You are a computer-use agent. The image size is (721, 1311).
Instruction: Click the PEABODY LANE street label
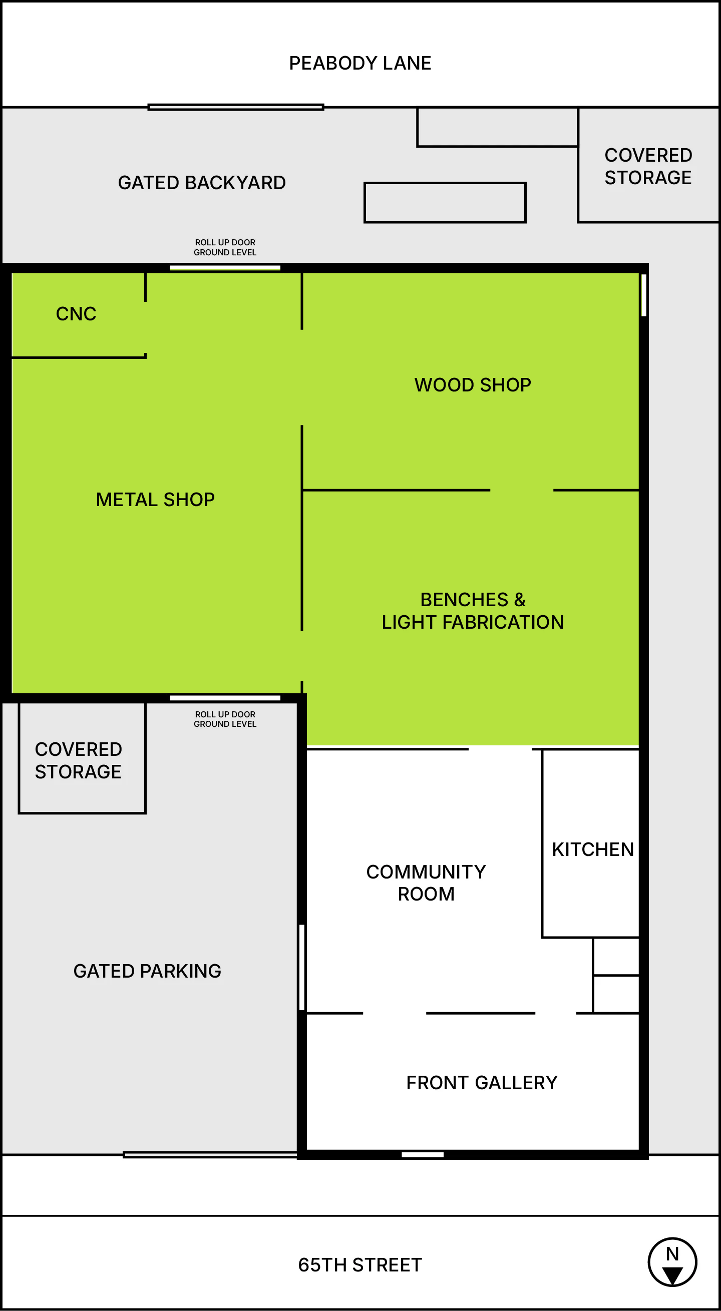click(360, 63)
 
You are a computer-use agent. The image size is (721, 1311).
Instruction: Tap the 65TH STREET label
click(360, 1264)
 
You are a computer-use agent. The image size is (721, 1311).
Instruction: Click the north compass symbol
click(672, 1262)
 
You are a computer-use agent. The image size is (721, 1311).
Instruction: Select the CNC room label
click(76, 314)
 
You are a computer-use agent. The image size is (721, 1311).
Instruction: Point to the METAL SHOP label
click(155, 500)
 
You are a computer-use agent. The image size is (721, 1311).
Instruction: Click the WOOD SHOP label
click(473, 385)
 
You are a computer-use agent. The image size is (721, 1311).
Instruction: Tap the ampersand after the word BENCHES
click(519, 600)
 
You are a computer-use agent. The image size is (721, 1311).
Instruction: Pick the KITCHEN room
click(591, 843)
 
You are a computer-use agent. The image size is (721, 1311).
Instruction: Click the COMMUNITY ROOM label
click(426, 883)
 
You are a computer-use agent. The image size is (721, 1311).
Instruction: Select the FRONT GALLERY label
click(482, 1083)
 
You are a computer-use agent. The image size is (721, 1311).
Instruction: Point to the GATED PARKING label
click(147, 971)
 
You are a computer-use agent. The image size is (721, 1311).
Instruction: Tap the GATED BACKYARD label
click(202, 183)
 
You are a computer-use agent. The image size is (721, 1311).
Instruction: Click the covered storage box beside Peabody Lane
click(649, 165)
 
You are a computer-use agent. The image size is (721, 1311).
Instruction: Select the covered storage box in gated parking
click(82, 758)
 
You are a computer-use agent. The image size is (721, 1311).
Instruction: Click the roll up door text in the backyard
click(225, 247)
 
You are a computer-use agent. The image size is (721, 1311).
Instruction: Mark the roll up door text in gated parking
click(225, 719)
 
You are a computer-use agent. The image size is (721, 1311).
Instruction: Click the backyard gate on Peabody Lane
click(236, 107)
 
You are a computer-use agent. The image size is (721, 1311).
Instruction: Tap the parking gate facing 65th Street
click(210, 1155)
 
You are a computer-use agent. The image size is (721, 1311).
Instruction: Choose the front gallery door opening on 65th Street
click(423, 1155)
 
